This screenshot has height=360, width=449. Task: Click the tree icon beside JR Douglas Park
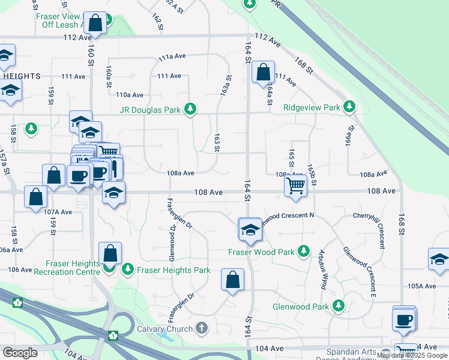[190, 109]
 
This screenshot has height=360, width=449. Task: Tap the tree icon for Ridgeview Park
[349, 107]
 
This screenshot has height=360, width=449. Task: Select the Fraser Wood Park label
[261, 252]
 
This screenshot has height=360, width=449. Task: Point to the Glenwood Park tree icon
[339, 306]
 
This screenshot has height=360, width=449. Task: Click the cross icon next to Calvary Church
[202, 328]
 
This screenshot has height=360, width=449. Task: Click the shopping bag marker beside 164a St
[263, 73]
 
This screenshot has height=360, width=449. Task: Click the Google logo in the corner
[20, 353]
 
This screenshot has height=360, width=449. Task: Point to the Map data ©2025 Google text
[412, 355]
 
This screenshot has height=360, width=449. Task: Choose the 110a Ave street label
[130, 95]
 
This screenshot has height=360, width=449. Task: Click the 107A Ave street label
[58, 212]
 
